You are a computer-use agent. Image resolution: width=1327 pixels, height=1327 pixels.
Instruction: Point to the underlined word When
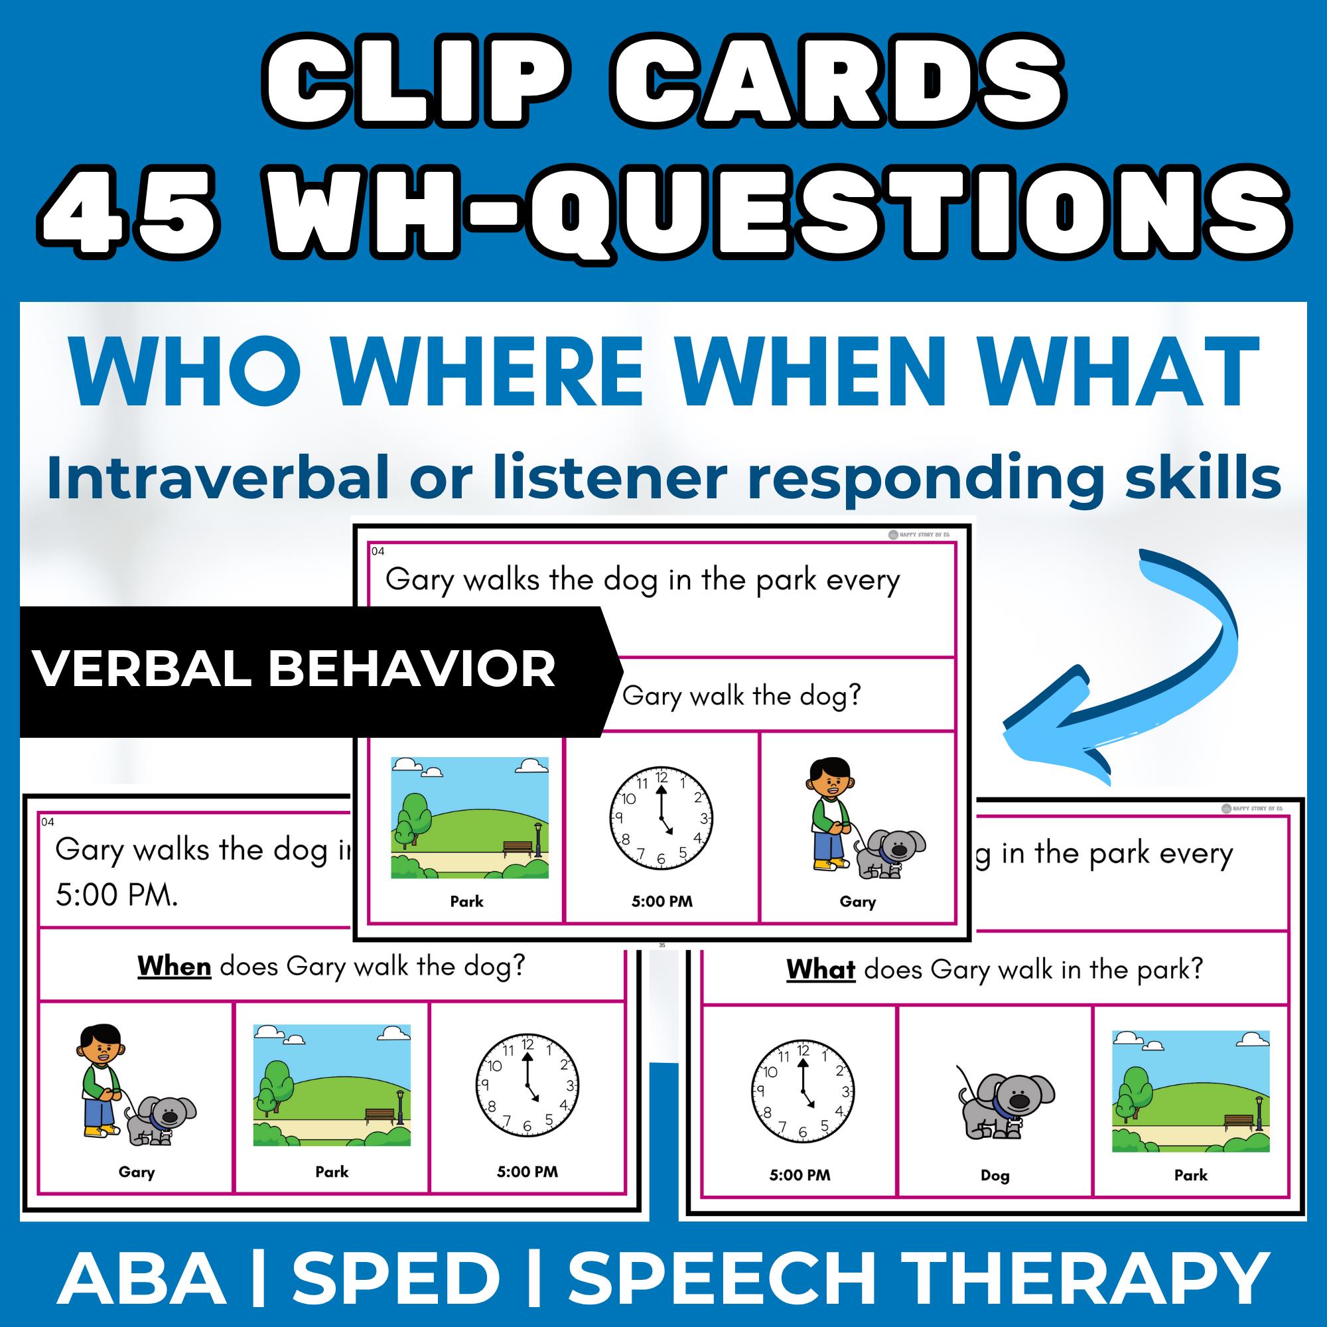click(x=174, y=967)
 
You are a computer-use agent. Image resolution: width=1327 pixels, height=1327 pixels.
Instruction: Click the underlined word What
click(x=820, y=970)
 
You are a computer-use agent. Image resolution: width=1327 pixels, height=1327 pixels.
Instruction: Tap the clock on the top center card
click(x=662, y=817)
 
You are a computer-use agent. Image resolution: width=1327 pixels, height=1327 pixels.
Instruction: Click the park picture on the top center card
click(x=470, y=817)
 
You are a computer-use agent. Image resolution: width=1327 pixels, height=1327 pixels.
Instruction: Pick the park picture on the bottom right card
click(x=1190, y=1091)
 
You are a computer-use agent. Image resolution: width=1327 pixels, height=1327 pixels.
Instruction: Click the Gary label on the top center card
click(x=857, y=902)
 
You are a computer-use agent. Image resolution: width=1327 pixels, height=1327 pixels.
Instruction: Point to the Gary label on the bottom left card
click(x=136, y=1172)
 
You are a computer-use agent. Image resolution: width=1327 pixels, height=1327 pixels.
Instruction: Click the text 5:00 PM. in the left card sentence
click(x=117, y=896)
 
